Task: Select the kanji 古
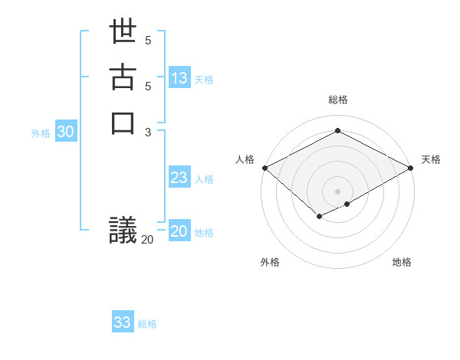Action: (x=123, y=78)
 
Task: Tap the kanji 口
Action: (x=123, y=122)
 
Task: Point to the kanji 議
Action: (x=123, y=231)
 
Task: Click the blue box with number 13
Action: (x=179, y=77)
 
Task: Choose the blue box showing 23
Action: (x=179, y=178)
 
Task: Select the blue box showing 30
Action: (x=66, y=132)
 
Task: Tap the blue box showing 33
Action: (x=123, y=322)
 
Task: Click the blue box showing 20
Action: (x=179, y=231)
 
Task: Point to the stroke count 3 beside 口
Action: (x=148, y=131)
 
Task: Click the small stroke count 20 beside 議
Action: (x=147, y=240)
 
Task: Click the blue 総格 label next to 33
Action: (x=148, y=324)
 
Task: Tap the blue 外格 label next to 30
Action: (x=41, y=133)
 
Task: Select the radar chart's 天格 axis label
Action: (x=431, y=159)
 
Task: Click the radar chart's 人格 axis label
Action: (x=245, y=159)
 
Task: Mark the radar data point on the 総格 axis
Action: (x=337, y=131)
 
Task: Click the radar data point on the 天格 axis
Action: (x=411, y=168)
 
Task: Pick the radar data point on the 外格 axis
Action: (x=319, y=217)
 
